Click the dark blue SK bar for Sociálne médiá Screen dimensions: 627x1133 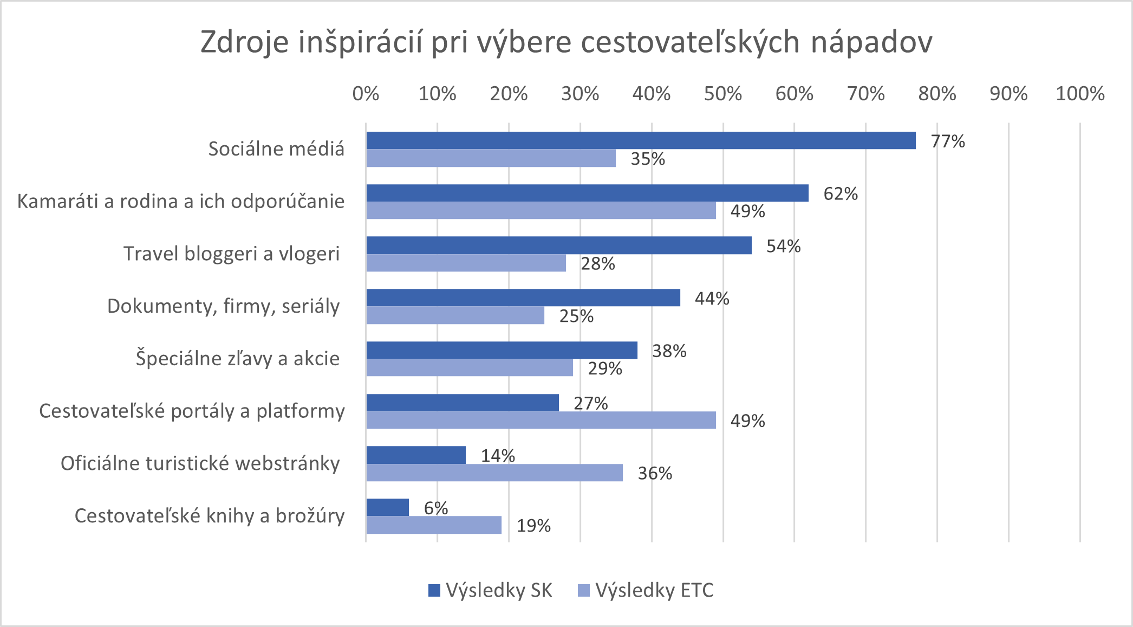tap(641, 140)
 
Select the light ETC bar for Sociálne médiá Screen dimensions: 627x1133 tap(491, 158)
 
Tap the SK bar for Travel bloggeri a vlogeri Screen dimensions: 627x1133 tap(558, 245)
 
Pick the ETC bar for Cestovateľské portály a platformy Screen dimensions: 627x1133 tap(541, 420)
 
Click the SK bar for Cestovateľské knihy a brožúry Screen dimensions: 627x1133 tap(387, 507)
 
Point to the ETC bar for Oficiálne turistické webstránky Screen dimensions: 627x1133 tap(494, 473)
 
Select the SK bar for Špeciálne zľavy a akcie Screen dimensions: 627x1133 tap(502, 350)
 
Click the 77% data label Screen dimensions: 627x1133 tap(948, 141)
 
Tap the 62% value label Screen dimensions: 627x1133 tap(841, 194)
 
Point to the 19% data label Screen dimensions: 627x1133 tap(533, 526)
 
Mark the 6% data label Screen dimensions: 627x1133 tap(435, 508)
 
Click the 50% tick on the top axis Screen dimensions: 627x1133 tap(722, 94)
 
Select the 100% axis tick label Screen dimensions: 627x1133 tap(1080, 94)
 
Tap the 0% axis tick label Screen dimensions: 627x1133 tap(366, 94)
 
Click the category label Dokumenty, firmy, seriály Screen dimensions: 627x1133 tap(223, 306)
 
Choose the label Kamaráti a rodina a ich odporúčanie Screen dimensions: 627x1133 tap(181, 202)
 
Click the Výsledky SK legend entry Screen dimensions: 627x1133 tap(490, 590)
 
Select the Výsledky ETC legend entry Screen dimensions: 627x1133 tap(646, 590)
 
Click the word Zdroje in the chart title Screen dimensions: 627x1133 tap(244, 42)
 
